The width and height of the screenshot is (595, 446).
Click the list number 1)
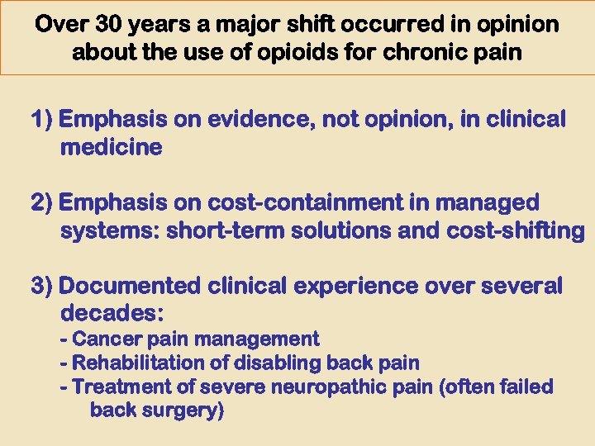tap(43, 120)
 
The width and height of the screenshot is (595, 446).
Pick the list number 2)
tap(43, 202)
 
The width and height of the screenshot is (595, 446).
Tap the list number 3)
tap(43, 286)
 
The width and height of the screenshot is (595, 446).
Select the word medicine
tap(112, 148)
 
